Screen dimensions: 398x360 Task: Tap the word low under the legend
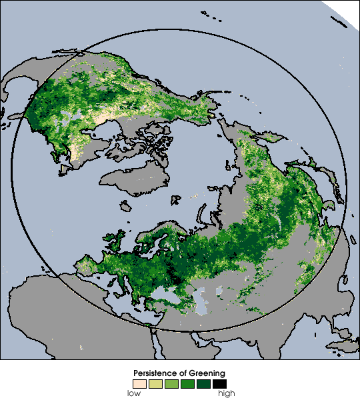(x=134, y=393)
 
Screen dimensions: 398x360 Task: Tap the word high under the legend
(x=226, y=393)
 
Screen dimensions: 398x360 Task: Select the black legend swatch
(x=220, y=383)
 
